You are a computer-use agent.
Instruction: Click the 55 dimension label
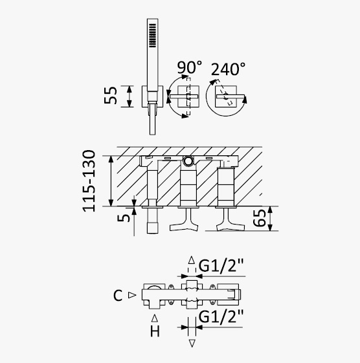coord(111,95)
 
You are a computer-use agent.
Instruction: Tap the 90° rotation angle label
coord(189,67)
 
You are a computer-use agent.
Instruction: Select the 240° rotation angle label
coord(228,69)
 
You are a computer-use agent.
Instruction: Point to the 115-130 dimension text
coord(89,181)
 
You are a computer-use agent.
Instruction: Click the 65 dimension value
coord(259,218)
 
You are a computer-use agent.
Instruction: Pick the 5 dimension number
coord(124,218)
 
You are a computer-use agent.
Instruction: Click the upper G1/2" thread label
coord(221,266)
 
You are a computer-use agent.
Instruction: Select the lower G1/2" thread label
coord(221,316)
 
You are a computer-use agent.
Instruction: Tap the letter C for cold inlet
coord(118,296)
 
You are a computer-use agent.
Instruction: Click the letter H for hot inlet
coord(155,331)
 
